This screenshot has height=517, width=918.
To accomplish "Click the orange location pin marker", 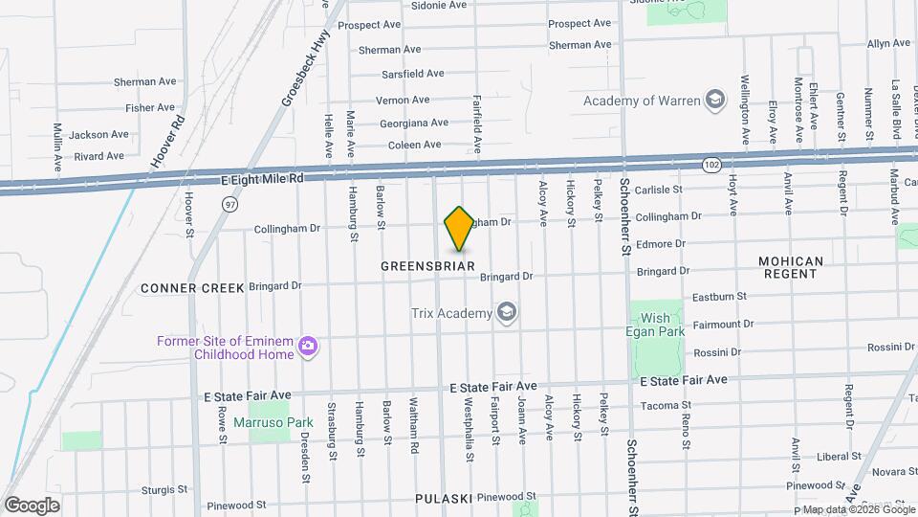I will [x=460, y=229].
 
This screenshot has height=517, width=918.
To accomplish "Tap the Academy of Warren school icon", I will [x=713, y=100].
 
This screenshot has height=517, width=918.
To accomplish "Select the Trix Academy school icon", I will [x=505, y=313].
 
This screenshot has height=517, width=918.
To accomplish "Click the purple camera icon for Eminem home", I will [x=308, y=346].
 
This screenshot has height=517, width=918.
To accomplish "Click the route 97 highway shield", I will [x=229, y=205].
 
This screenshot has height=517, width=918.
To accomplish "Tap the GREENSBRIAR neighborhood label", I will [x=427, y=265].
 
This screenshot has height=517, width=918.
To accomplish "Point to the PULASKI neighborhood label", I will [x=445, y=499].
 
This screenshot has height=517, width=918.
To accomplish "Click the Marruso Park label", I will [x=259, y=421].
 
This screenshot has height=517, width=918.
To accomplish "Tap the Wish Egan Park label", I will [x=656, y=326].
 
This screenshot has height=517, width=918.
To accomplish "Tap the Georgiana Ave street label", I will [x=413, y=123].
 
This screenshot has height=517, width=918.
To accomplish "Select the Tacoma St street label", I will [x=659, y=405].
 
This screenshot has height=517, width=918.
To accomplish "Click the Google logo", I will [x=33, y=506].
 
